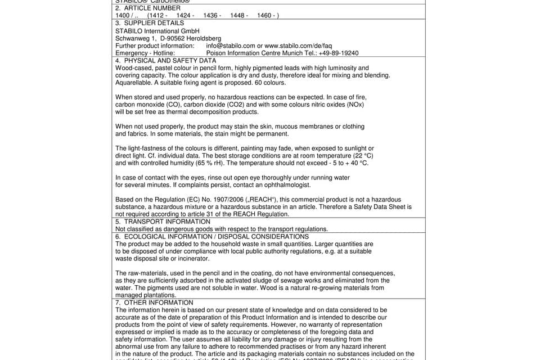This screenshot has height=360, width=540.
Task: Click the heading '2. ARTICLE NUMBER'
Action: pyautogui.click(x=148, y=8)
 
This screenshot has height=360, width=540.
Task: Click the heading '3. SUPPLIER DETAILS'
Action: pyautogui.click(x=150, y=23)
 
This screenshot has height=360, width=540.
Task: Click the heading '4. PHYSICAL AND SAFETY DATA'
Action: pyautogui.click(x=165, y=60)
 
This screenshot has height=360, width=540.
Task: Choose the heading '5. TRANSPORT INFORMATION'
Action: pyautogui.click(x=163, y=222)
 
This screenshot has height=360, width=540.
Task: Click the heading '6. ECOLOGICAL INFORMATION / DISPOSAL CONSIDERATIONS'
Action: pyautogui.click(x=212, y=236)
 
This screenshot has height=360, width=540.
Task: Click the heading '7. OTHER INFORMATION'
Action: pyautogui.click(x=154, y=303)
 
